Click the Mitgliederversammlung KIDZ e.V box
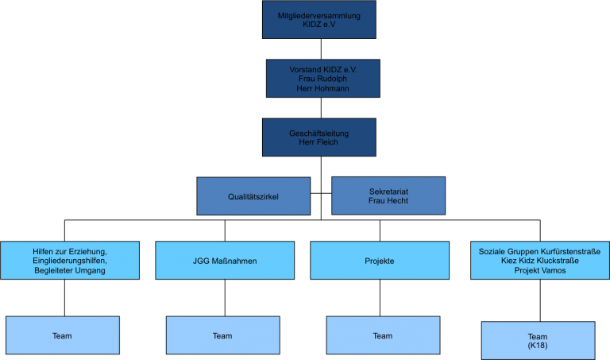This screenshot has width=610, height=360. [x=319, y=19]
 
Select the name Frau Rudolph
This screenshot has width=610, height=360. [x=322, y=79]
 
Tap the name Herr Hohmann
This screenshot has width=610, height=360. [x=322, y=88]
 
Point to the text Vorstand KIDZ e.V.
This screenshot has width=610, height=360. [x=322, y=69]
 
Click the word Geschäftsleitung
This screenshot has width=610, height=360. [x=319, y=133]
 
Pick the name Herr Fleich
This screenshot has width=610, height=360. [x=319, y=142]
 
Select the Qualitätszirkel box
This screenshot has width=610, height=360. [x=253, y=195]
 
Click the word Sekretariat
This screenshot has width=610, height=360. [x=388, y=192]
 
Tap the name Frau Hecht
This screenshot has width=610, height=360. [x=388, y=201]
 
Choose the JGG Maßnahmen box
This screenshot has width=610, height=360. [x=225, y=261]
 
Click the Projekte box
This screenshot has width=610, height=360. [x=379, y=261]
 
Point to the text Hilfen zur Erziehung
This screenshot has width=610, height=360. [x=70, y=251]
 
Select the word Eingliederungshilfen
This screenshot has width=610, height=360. [x=70, y=261]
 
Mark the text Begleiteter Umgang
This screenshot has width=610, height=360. [x=70, y=270]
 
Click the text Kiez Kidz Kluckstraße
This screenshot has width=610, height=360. [x=539, y=261]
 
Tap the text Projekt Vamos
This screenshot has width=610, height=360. [x=539, y=270]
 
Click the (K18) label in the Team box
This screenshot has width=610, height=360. [x=538, y=346]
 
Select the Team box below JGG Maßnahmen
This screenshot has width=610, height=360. [x=222, y=335]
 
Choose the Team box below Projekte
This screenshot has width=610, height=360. [x=383, y=335]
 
